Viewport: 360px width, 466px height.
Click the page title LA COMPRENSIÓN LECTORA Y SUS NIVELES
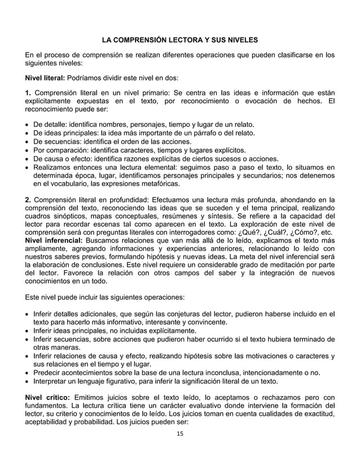179,41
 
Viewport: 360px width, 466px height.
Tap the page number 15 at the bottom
179,433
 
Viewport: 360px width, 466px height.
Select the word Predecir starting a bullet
51,372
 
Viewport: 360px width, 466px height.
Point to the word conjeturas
179,314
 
